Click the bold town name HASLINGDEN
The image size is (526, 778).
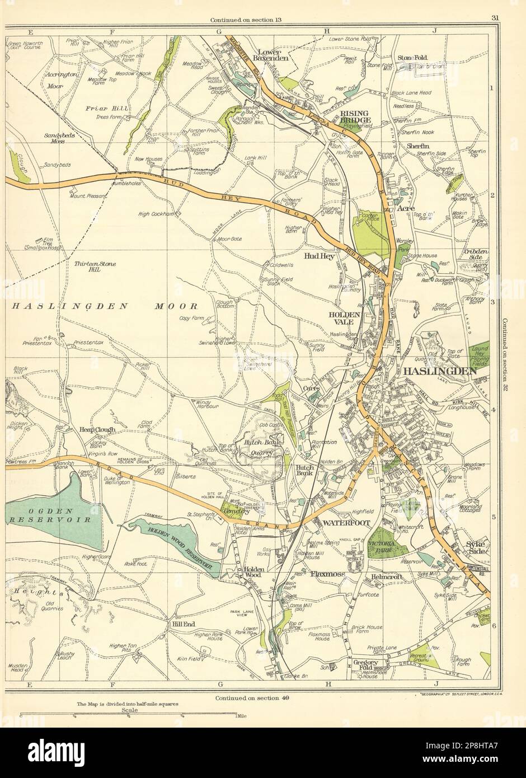click(x=438, y=371)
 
